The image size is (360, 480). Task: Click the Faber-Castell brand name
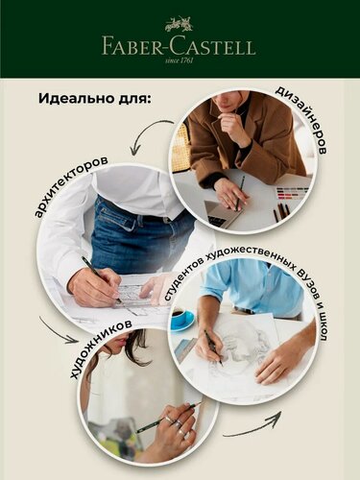tap(180, 45)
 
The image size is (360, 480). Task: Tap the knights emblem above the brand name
tap(179, 24)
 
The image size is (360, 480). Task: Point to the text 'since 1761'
tap(180, 60)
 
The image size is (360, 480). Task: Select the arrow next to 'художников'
tap(59, 330)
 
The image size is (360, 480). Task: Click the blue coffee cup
tap(181, 319)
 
